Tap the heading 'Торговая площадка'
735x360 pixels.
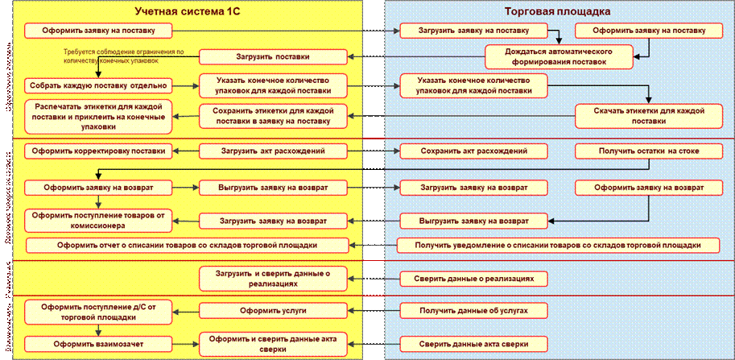click(556, 12)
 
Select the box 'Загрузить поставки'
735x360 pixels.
click(274, 57)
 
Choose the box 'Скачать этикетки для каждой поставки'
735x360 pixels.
click(648, 115)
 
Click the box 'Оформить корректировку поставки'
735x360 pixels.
click(99, 151)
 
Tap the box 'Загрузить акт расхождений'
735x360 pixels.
click(273, 151)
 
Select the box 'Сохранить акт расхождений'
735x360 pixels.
click(474, 151)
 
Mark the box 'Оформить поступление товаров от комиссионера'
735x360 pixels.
click(98, 220)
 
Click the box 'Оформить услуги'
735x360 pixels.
click(274, 309)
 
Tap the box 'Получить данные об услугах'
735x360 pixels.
click(473, 309)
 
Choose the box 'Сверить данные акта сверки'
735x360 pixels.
click(473, 343)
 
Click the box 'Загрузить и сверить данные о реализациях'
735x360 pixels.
click(274, 279)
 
